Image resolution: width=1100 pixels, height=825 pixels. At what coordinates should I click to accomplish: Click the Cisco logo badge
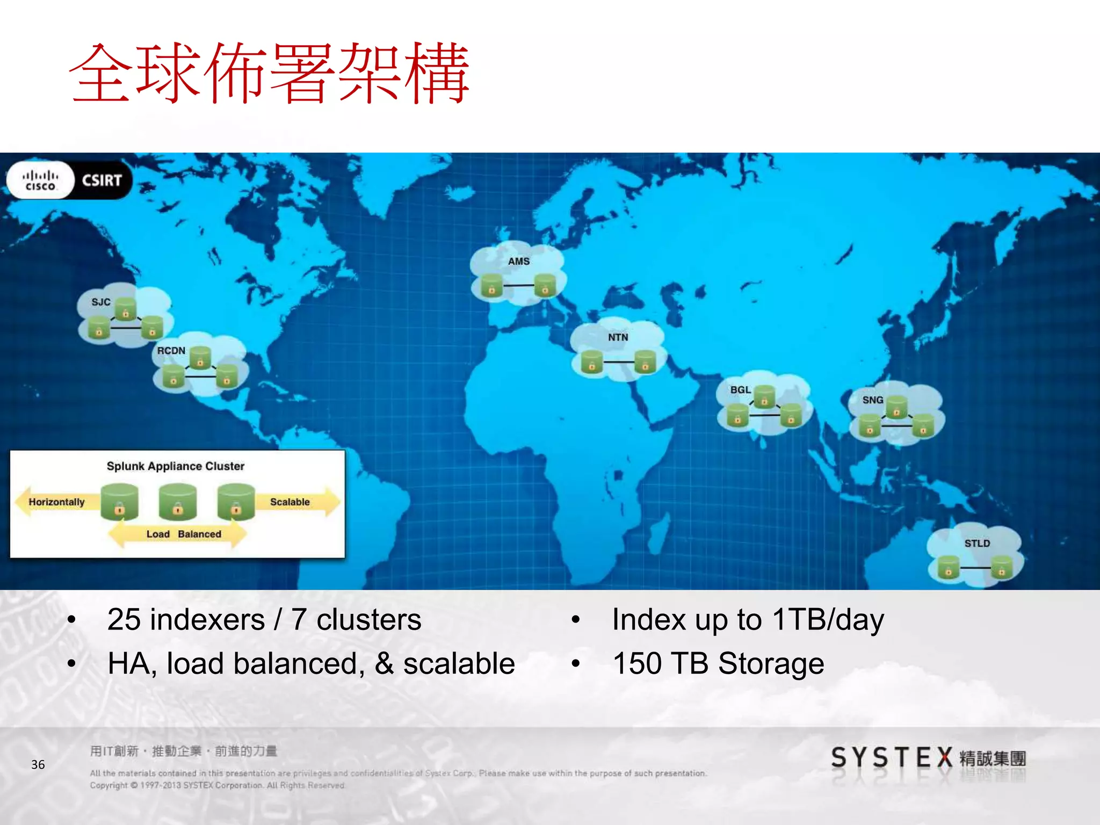click(40, 180)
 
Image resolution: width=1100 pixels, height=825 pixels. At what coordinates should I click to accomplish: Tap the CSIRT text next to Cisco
click(102, 180)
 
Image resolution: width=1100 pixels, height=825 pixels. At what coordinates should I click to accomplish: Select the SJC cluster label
click(101, 302)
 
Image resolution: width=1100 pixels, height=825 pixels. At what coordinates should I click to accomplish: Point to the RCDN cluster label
click(171, 350)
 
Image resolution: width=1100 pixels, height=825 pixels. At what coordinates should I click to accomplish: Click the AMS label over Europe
click(519, 262)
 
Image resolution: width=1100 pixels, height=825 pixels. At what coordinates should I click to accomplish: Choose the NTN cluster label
click(618, 337)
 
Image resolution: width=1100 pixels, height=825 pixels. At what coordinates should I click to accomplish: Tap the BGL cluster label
click(740, 390)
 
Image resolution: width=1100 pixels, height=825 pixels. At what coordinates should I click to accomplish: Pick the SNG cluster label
click(873, 400)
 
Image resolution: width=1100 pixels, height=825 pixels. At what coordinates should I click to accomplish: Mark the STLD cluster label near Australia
click(977, 544)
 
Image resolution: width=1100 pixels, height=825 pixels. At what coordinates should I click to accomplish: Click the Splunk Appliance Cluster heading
click(175, 466)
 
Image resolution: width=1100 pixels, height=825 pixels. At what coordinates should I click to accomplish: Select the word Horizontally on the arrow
click(56, 502)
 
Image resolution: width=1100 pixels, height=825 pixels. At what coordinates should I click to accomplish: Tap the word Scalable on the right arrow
click(290, 502)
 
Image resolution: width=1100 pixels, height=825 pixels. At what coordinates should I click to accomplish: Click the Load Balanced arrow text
click(184, 534)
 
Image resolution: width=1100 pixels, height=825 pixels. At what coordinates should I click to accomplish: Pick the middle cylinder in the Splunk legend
click(178, 501)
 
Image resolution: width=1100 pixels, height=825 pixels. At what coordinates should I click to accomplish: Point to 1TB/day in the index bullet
click(828, 620)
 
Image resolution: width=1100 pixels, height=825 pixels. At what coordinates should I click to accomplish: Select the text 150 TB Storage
click(718, 664)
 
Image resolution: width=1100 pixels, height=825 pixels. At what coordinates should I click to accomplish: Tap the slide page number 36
click(38, 764)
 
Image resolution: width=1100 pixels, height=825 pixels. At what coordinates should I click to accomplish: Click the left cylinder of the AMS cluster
click(491, 285)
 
